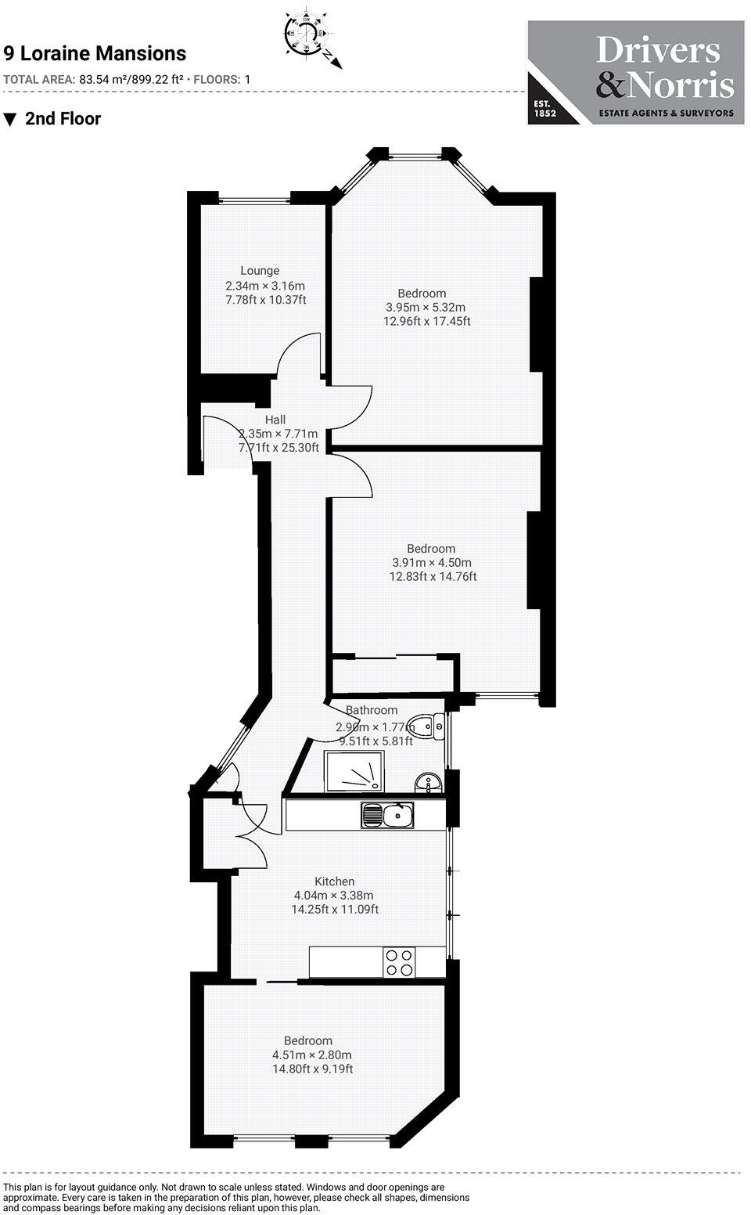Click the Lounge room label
pos(260,271)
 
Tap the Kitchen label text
pos(334,882)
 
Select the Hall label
pos(275,420)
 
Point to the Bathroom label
pos(372,710)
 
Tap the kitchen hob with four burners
pos(399,962)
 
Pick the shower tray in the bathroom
pos(354,770)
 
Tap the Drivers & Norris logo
pos(635,72)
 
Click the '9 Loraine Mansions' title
pos(95,53)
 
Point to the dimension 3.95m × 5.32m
pos(426,307)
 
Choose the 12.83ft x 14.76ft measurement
pos(433,577)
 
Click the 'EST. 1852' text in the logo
pos(544,109)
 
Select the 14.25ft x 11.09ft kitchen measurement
pos(335,910)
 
